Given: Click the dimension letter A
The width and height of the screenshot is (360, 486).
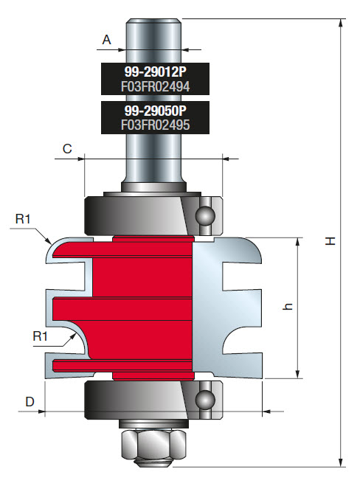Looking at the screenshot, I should coord(106,41).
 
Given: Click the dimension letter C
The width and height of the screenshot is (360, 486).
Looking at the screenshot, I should coord(67,148).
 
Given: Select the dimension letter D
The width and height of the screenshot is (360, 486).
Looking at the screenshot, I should coord(30,401).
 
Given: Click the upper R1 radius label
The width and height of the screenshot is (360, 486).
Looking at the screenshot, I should coord(23,219).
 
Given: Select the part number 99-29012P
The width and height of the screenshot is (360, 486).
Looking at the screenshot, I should coord(155,73).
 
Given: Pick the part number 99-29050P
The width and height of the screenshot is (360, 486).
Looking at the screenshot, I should coord(155,111).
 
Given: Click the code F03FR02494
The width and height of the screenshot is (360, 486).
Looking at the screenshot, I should coord(155,87).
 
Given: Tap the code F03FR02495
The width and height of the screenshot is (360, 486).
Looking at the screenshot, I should coord(155,125).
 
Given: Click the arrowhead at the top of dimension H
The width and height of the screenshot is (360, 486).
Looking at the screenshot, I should coord(341,22).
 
